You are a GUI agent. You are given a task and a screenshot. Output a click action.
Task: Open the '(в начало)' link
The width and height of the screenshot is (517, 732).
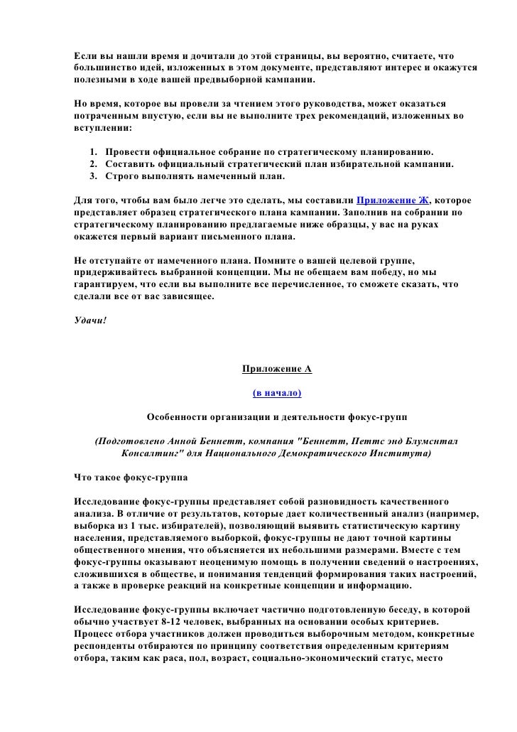(277, 392)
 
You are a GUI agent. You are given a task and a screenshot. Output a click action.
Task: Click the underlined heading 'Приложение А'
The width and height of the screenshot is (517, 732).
(277, 370)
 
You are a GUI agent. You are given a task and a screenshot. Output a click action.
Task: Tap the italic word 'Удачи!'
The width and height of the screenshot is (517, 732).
(90, 319)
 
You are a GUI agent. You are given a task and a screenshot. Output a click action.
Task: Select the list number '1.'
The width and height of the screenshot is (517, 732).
(95, 152)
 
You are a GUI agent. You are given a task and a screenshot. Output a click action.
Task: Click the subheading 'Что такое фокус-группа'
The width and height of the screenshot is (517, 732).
(131, 475)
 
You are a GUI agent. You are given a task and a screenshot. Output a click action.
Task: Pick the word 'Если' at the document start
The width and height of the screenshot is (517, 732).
(86, 56)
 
